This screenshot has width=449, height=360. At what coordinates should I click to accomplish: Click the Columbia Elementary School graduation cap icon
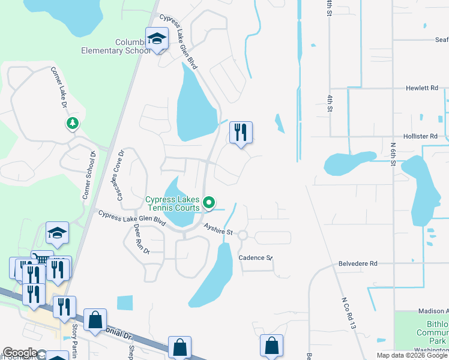tap(157, 40)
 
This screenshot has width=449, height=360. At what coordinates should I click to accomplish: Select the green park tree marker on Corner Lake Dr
tap(72, 124)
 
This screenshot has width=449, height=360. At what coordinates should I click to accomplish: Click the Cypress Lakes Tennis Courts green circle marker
tap(209, 203)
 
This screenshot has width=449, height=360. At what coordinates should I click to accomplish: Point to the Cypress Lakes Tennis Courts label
tap(172, 203)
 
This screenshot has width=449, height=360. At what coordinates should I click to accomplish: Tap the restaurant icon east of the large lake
tap(240, 132)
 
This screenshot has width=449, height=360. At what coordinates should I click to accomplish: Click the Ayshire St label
tap(217, 229)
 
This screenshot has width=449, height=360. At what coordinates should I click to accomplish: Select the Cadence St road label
tap(255, 257)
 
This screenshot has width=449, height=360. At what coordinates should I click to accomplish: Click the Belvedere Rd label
tap(358, 263)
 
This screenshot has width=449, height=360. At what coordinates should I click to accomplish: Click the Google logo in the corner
tap(20, 353)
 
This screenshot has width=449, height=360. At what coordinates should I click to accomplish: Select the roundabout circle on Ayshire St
tap(243, 236)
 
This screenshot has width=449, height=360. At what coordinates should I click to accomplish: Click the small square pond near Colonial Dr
tap(125, 303)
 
